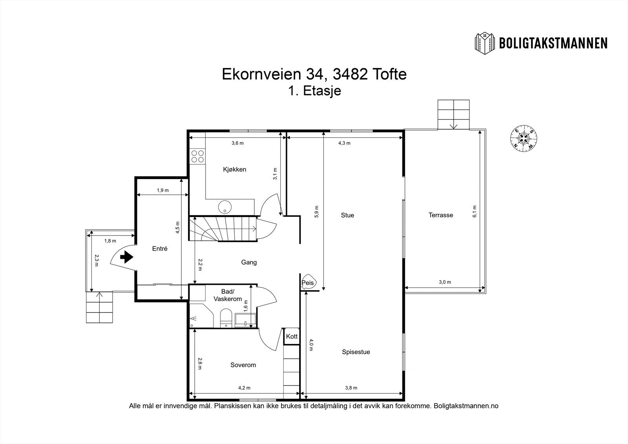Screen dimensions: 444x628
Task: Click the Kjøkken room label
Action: tap(234, 170)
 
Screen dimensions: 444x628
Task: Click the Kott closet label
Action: tap(292, 336)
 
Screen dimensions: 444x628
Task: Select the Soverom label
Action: tap(243, 365)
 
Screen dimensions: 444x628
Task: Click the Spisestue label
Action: tap(356, 352)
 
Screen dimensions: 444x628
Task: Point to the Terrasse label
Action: tap(440, 215)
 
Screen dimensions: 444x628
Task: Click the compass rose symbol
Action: tap(523, 138)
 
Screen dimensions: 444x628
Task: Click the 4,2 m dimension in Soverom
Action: tap(244, 388)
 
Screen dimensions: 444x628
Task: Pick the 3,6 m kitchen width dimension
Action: tap(237, 143)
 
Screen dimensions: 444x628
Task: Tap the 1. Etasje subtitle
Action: tap(314, 91)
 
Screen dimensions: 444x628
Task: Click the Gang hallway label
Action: tap(249, 262)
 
